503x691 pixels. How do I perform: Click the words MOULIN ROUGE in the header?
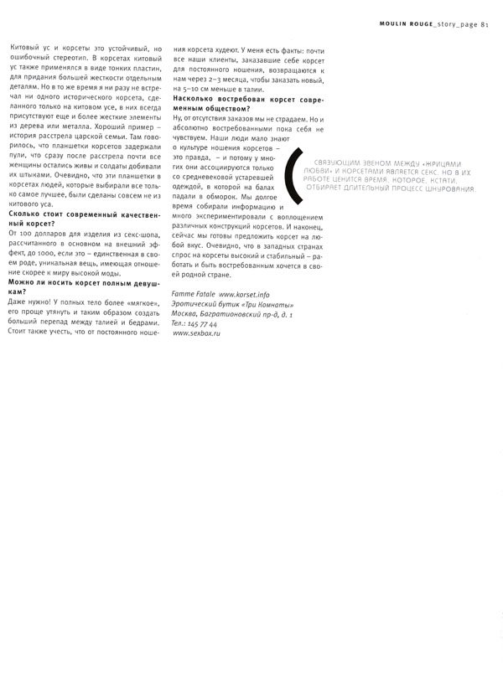pos(394,24)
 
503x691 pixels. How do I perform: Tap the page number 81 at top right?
pos(485,24)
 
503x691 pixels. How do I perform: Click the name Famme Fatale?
pos(192,295)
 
